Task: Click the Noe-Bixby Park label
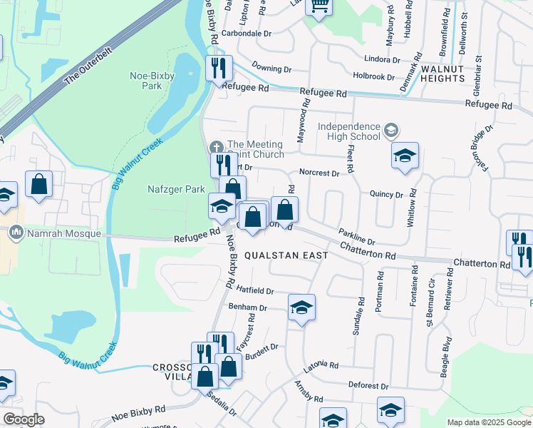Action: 146,80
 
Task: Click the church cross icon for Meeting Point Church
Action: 216,148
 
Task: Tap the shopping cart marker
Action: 320,7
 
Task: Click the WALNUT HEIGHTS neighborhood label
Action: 452,73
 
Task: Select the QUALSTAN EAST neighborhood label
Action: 286,255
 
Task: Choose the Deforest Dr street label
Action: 368,385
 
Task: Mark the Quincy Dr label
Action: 386,193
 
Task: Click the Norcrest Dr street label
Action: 318,172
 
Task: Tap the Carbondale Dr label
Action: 247,34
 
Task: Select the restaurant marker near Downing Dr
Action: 219,68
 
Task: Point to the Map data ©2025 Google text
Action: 488,422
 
